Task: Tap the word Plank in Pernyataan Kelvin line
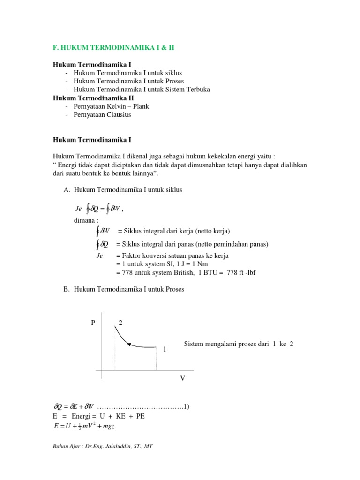(x=141, y=106)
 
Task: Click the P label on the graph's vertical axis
(x=93, y=323)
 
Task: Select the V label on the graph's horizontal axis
(x=183, y=377)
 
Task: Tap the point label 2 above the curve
(x=120, y=322)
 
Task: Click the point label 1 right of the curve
(x=165, y=350)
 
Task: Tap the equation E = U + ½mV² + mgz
(x=84, y=426)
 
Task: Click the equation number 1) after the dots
(x=186, y=406)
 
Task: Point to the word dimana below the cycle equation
(x=86, y=220)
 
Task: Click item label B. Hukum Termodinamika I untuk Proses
(x=123, y=289)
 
